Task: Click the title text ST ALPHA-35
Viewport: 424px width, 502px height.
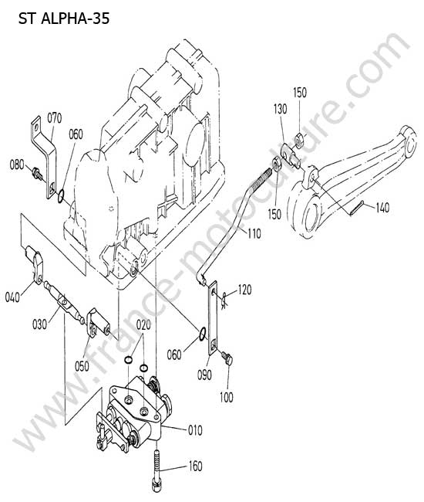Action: [64, 19]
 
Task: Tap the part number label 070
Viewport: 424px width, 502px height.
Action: [54, 118]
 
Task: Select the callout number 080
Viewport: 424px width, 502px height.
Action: [17, 165]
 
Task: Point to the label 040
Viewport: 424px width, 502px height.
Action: [12, 297]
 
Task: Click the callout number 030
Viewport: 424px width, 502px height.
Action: [39, 324]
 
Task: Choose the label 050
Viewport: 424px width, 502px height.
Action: [82, 366]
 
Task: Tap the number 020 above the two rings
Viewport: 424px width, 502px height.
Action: [143, 325]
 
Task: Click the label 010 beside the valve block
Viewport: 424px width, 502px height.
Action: [195, 430]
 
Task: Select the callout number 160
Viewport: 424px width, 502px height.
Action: [195, 466]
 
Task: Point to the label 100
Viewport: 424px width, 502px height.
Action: [226, 397]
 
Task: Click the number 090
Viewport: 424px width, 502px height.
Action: [204, 375]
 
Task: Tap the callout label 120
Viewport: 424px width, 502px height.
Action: [244, 290]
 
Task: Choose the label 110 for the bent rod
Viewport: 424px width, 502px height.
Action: [254, 233]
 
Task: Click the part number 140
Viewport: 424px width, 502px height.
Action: [382, 208]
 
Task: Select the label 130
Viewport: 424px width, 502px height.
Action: [280, 109]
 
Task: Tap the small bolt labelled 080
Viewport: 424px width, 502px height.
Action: [37, 173]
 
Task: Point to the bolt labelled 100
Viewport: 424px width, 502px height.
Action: [227, 358]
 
